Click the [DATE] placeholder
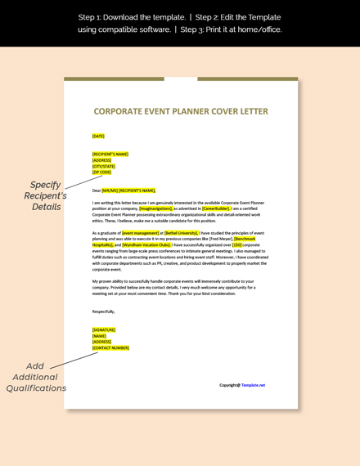[98, 137]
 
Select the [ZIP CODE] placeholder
[101, 173]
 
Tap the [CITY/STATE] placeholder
[103, 166]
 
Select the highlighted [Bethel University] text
[182, 232]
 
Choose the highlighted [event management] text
[140, 232]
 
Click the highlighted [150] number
[236, 244]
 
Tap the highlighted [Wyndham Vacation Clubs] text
[146, 244]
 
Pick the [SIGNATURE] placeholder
[104, 330]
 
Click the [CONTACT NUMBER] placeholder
[110, 347]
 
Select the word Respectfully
[103, 311]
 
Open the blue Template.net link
[253, 385]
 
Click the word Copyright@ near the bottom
[229, 385]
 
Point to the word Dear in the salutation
[97, 190]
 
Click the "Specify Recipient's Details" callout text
[46, 195]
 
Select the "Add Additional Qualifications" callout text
[36, 377]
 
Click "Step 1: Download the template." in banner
[130, 17]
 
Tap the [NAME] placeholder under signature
[99, 336]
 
